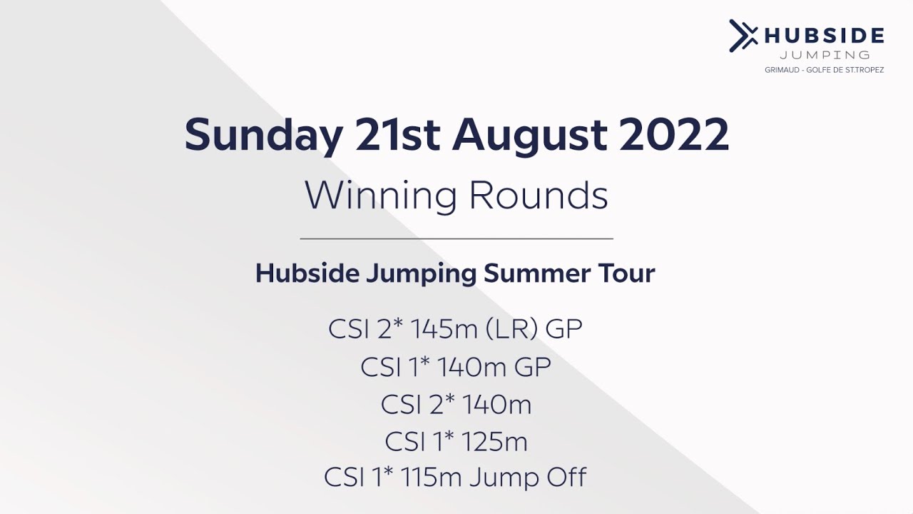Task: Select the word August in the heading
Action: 529,136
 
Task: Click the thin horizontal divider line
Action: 456,238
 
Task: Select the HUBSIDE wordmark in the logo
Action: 824,36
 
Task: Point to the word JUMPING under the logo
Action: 825,56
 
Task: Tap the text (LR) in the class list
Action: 516,329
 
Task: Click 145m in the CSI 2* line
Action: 449,329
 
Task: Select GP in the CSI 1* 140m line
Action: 532,367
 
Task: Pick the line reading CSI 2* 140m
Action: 456,404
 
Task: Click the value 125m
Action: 491,441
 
